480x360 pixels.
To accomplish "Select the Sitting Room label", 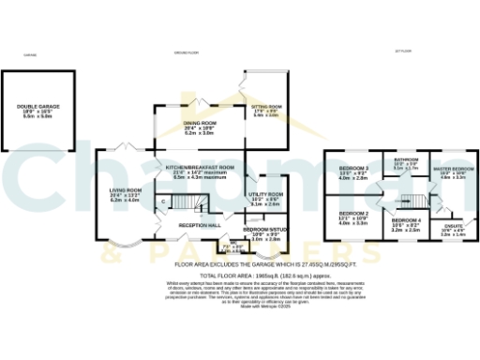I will point(266,106).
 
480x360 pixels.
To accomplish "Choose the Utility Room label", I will point(265,194).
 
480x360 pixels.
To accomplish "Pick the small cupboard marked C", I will point(162,202).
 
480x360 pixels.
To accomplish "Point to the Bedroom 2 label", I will point(353,214).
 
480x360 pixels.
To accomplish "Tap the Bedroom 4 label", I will point(405,220).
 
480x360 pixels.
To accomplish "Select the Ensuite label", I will point(453,225).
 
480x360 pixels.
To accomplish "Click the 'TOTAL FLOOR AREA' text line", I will point(239,277).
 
